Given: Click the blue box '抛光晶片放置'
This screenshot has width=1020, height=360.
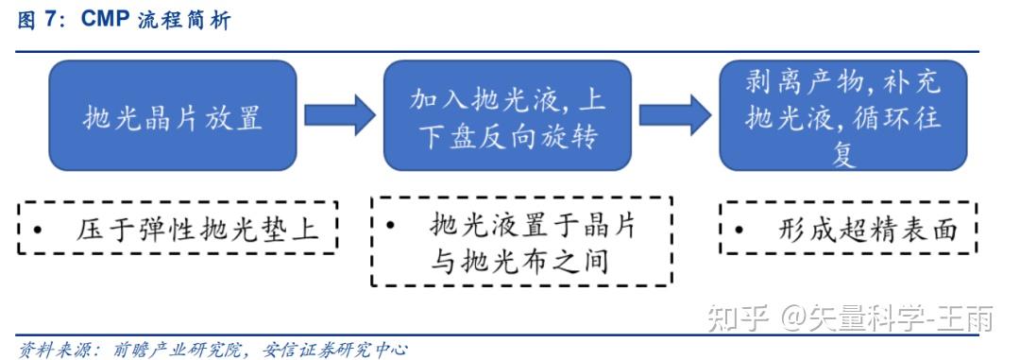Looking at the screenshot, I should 172,116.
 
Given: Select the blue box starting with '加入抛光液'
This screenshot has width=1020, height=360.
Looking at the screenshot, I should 507,116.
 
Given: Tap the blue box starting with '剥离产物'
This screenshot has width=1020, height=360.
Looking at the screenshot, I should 843,116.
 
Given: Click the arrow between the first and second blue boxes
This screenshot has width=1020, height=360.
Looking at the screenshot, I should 340,115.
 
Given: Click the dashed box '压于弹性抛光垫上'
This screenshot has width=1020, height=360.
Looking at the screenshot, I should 178,228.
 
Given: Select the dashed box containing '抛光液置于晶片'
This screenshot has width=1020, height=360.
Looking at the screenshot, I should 521,241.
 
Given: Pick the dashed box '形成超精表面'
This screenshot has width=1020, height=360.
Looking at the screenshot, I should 848,228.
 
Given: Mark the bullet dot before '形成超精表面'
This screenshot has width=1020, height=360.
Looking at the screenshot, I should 739,230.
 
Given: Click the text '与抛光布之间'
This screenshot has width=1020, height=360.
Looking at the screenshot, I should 518,260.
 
